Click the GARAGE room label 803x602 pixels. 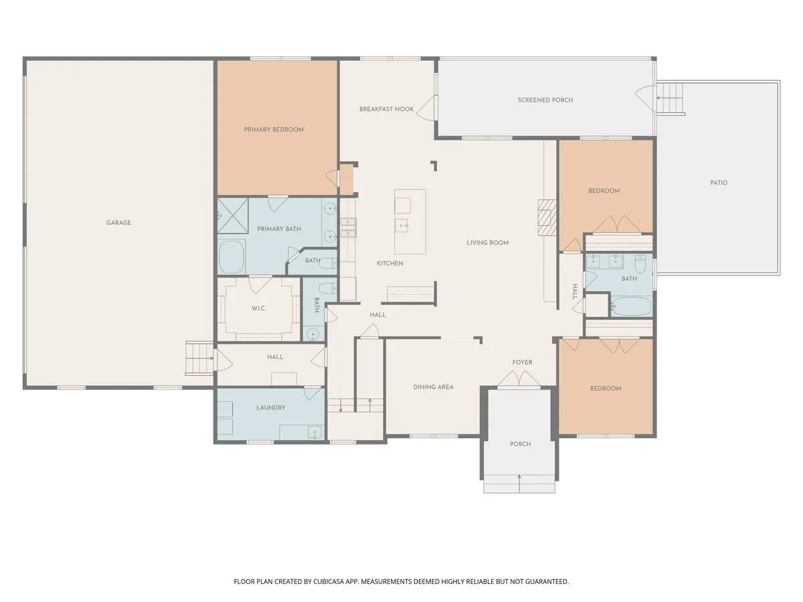pos(118,223)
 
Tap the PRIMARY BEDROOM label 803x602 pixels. pos(274,129)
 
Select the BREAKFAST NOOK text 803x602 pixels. pos(386,109)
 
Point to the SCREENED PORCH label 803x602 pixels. pos(545,100)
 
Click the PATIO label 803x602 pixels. pos(719,183)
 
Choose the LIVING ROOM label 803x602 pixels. pos(487,243)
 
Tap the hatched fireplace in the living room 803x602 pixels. pos(547,217)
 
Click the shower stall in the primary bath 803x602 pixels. pos(233,215)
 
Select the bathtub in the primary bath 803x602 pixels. pos(232,257)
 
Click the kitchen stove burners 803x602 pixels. pos(348,227)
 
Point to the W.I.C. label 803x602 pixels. pos(259,308)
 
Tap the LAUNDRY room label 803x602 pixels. pos(271,407)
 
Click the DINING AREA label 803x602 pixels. pos(433,387)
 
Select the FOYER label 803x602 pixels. pos(522,363)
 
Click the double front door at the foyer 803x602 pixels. pos(519,378)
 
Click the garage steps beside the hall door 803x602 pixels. pos(199,359)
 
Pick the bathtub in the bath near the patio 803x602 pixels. pos(632,306)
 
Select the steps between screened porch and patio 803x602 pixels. pos(671,99)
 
